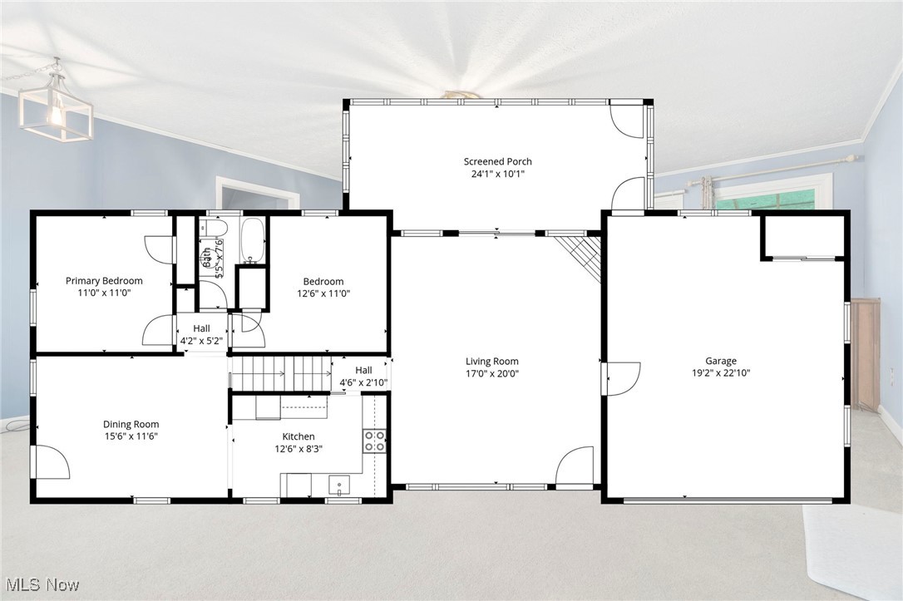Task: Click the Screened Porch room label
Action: [497, 162]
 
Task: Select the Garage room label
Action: [720, 361]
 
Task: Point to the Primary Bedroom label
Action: [104, 281]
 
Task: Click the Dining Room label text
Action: [131, 425]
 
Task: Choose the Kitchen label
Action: [298, 436]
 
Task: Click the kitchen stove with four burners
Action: [374, 441]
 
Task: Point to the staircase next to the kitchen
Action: [281, 373]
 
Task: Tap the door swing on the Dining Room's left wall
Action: [50, 462]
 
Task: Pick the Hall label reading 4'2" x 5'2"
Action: [201, 334]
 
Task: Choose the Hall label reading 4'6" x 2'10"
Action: [363, 377]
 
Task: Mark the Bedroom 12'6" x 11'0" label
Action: [323, 288]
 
